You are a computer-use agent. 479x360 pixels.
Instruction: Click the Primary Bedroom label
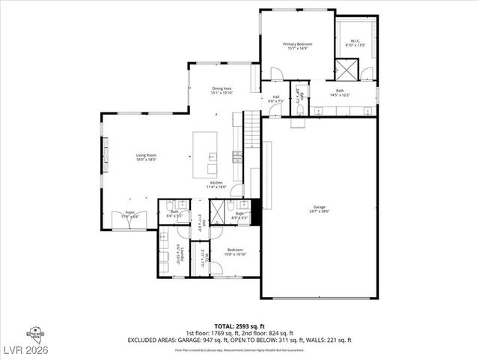297,45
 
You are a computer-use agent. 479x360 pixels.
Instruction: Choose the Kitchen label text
216,183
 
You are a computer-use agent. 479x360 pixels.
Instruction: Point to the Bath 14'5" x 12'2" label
340,91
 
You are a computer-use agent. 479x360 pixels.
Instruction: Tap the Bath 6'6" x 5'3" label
174,212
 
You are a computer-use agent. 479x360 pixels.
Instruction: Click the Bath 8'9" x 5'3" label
240,214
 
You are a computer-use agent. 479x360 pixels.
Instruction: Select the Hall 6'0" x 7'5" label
275,97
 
